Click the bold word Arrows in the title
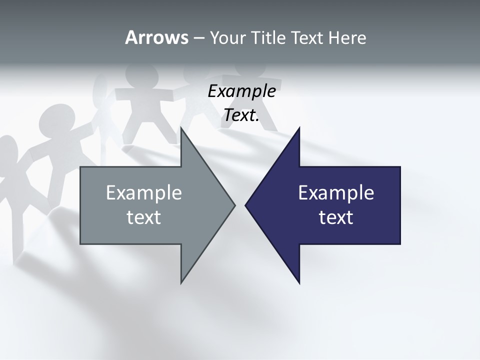pyautogui.click(x=156, y=37)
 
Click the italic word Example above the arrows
pyautogui.click(x=241, y=91)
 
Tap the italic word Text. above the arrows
pyautogui.click(x=241, y=115)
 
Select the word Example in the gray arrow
pyautogui.click(x=144, y=192)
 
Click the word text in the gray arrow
pyautogui.click(x=144, y=217)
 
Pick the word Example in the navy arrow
pyautogui.click(x=336, y=192)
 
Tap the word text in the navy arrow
pyautogui.click(x=336, y=217)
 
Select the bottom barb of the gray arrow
pyautogui.click(x=182, y=280)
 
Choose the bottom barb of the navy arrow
pyautogui.click(x=298, y=280)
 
